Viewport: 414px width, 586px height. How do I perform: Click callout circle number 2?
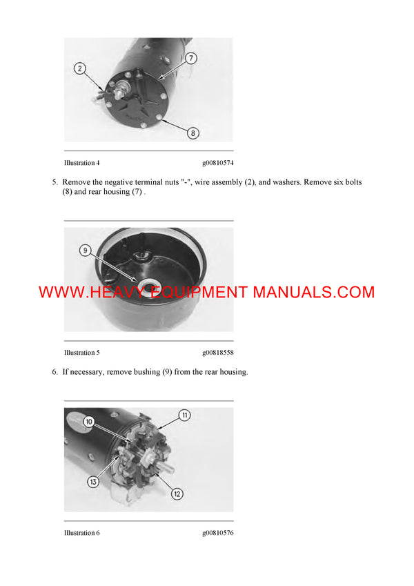[81, 68]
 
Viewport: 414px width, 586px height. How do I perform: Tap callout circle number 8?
[193, 133]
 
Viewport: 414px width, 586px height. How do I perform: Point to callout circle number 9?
[86, 251]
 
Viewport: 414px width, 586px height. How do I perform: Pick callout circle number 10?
[89, 421]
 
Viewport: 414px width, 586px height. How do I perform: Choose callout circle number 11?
[185, 416]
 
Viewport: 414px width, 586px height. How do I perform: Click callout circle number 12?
[177, 493]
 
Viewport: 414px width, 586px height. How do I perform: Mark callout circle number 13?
[93, 482]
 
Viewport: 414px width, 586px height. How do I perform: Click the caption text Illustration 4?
[82, 163]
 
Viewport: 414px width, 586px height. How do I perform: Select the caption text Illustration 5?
[82, 353]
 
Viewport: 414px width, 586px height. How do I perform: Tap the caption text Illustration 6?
[82, 533]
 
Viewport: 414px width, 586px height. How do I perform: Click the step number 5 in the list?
[55, 182]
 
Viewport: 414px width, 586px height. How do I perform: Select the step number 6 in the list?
[55, 372]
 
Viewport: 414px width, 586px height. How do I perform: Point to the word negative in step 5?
[116, 182]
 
